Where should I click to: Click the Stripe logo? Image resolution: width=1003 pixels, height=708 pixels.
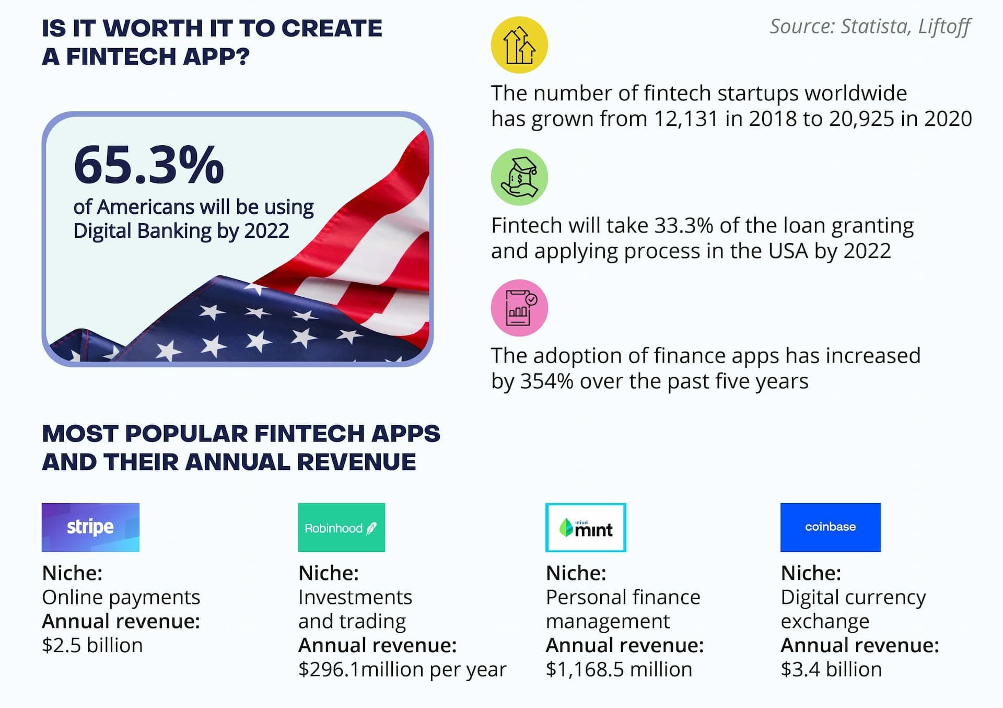point(90,527)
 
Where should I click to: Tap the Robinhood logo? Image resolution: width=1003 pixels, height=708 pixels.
point(341,527)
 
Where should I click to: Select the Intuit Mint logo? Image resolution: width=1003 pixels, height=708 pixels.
point(586,527)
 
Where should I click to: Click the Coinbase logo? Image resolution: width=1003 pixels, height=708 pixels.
point(830,527)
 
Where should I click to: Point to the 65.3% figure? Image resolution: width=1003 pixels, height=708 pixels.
point(149,165)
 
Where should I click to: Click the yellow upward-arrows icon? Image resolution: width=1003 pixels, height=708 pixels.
point(519,45)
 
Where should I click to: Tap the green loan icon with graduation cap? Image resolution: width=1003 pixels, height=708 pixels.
point(519,177)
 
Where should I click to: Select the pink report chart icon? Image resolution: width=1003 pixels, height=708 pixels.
point(519,308)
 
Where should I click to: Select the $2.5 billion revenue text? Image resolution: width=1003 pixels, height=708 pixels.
point(92,645)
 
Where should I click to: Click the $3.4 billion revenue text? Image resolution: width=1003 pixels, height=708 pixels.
point(831,669)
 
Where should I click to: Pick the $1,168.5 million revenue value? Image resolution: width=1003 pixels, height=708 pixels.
point(619,669)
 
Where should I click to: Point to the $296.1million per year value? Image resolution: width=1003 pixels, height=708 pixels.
point(402,670)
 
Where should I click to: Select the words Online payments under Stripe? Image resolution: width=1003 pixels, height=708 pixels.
point(121,598)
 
